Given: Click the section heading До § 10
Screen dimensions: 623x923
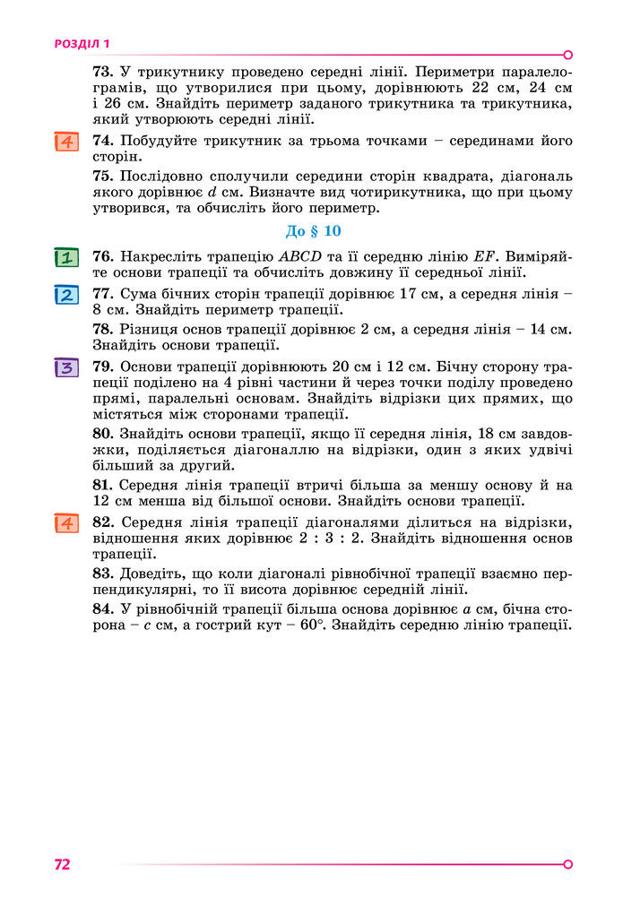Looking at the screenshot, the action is [314, 231].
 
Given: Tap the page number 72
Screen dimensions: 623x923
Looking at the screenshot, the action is [62, 865].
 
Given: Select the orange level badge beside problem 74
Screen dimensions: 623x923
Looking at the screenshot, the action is [65, 142].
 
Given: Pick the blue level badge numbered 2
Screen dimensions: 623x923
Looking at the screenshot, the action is [65, 295].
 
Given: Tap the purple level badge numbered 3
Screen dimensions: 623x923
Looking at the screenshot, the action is [65, 367].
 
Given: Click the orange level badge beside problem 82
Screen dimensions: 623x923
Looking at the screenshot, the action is [65, 523].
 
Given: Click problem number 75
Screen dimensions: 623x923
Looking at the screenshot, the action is [101, 177].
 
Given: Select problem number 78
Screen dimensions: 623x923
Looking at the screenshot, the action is [101, 330].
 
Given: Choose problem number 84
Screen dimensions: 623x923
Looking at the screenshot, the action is [101, 609].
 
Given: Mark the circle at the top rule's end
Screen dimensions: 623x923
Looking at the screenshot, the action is [567, 55].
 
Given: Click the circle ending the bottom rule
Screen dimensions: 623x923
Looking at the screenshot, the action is [567, 865].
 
